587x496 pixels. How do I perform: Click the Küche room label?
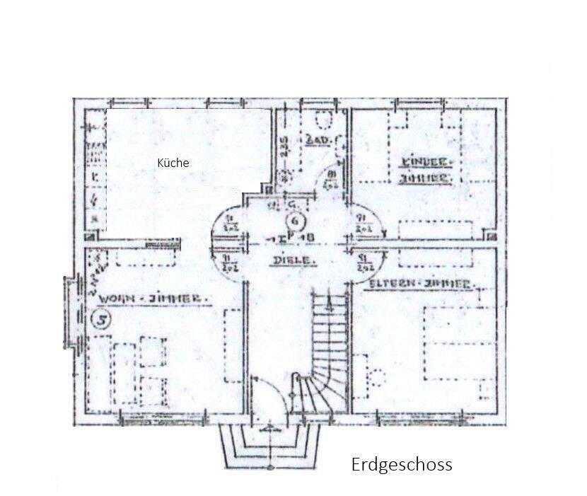(x=173, y=163)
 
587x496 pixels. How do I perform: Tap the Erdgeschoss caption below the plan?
(x=401, y=465)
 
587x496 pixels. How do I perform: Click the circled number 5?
(x=102, y=320)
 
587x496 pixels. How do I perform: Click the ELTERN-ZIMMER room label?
(x=420, y=284)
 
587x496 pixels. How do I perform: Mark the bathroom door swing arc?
(x=330, y=180)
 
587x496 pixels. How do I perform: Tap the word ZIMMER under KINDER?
(x=426, y=179)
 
